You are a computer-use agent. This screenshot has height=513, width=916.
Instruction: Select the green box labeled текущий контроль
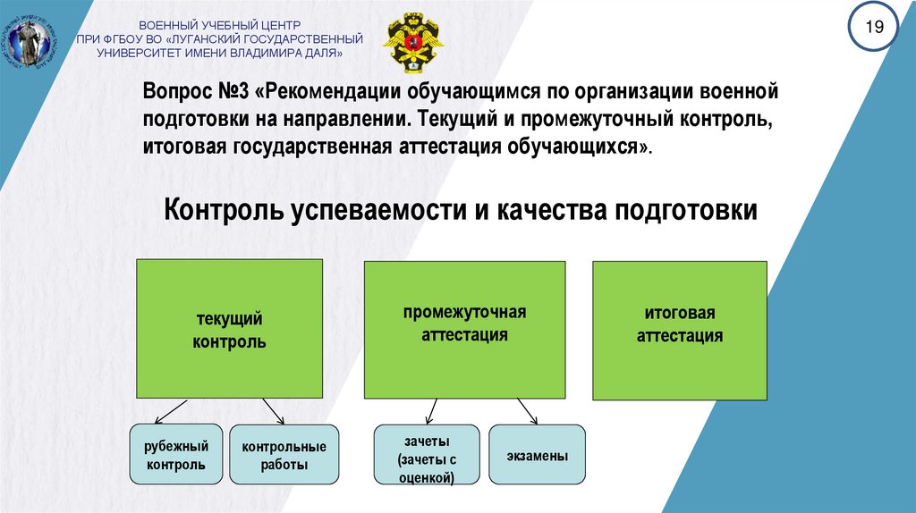pos(229,329)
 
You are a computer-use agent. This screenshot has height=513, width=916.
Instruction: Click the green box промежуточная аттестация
pos(464,329)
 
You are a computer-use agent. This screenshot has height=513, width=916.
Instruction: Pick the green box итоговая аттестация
pos(680,329)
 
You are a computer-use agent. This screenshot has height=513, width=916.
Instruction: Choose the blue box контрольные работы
pos(284,455)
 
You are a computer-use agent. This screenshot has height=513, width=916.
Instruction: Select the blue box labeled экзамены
pos(537,455)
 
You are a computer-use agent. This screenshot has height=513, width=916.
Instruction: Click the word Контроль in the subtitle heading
pos(221,211)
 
